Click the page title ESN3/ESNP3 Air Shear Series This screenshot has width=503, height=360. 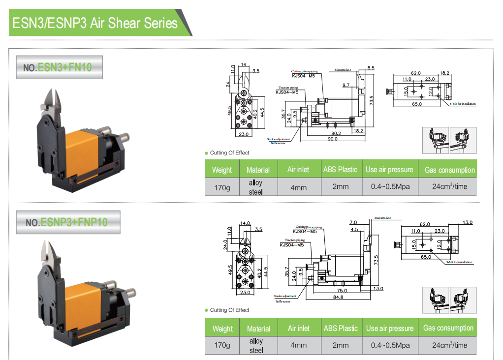coord(94,23)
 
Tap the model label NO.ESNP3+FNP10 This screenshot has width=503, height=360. coord(66,222)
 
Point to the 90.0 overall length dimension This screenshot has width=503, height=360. coord(333,139)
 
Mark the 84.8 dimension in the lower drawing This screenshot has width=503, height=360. coord(338,297)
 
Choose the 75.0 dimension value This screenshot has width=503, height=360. coord(342,290)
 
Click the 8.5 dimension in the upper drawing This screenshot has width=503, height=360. coord(371,68)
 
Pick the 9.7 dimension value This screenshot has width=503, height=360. coord(346,85)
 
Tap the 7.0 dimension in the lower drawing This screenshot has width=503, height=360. coord(353,222)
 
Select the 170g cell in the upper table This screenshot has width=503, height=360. coord(221,187)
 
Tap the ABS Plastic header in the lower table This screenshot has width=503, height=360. coord(341,328)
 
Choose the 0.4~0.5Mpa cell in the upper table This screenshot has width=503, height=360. coord(390,187)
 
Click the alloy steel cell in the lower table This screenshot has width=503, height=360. coord(256,345)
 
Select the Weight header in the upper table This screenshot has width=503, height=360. coord(221,170)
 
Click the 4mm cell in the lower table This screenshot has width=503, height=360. coord(298,345)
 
